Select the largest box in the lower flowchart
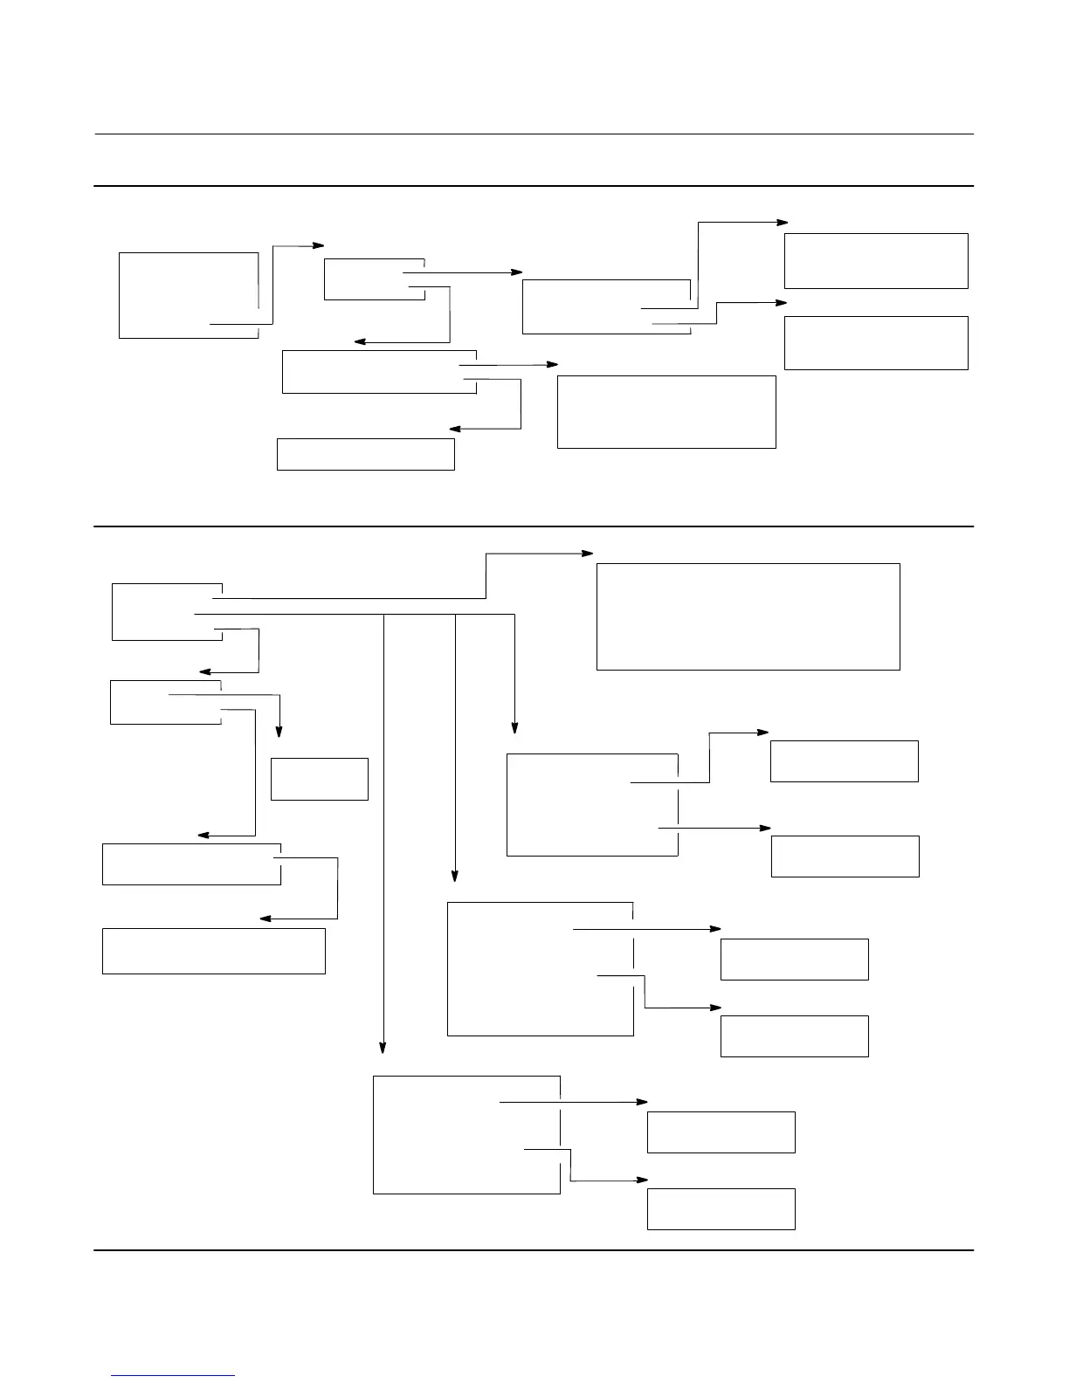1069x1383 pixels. (748, 616)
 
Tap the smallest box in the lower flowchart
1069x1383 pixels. (319, 779)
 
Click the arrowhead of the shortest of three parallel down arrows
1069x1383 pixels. (514, 728)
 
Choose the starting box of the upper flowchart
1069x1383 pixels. (189, 295)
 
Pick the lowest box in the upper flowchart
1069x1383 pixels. (365, 454)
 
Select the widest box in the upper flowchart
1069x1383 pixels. (666, 412)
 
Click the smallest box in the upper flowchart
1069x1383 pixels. (374, 279)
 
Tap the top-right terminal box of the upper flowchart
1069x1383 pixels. (876, 260)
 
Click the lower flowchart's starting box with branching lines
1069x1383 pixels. (167, 611)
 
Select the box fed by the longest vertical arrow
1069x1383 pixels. (466, 1135)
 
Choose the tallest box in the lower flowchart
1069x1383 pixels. (540, 968)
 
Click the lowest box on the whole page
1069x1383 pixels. (721, 1208)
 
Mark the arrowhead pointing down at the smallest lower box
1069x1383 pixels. (279, 733)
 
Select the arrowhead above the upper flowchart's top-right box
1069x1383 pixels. (782, 223)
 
